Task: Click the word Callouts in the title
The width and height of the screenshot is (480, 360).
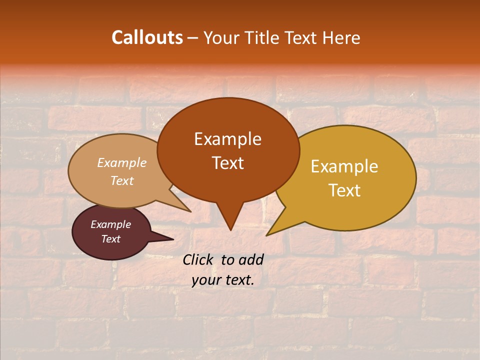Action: coord(147,37)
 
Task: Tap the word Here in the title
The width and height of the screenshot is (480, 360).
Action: coord(341,37)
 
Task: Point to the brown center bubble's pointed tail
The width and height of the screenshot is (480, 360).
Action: coord(230,220)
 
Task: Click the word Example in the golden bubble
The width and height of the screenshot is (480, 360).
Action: coord(344,166)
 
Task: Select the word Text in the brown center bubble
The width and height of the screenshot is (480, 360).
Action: coord(228,163)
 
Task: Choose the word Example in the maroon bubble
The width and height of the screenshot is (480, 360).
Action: coord(110,224)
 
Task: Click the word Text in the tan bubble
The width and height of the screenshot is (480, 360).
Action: coord(122,180)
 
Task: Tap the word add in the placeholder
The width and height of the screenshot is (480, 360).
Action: coord(251,259)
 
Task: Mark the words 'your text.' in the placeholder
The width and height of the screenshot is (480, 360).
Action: coord(223,280)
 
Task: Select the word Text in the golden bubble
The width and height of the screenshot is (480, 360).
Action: coord(344,190)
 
